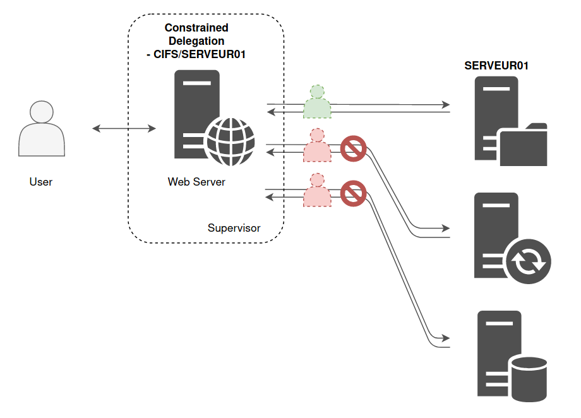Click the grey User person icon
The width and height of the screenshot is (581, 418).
coord(42,130)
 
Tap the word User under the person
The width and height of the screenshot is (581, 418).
coord(41,182)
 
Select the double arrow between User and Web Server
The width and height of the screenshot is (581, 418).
coord(124,129)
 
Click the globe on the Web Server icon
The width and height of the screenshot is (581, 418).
coord(231,140)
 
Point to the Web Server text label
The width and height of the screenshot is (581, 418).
coord(196,182)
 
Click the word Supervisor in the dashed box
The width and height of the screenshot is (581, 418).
coord(234,228)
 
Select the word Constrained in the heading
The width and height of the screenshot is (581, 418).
coord(196,28)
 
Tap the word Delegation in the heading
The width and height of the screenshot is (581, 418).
coord(196,41)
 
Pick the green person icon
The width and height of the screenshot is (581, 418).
coord(317,102)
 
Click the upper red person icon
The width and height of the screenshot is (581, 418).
coord(317,146)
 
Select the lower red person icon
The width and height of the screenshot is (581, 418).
coord(317,191)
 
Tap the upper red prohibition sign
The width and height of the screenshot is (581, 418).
coord(354,149)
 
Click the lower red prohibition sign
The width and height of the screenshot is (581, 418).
coord(354,193)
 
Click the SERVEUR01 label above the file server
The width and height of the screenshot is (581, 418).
coord(496,65)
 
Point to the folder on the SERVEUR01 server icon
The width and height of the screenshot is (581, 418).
coord(523,145)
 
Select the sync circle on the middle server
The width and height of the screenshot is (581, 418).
coord(528,262)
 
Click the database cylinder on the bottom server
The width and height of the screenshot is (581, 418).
coord(529,379)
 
